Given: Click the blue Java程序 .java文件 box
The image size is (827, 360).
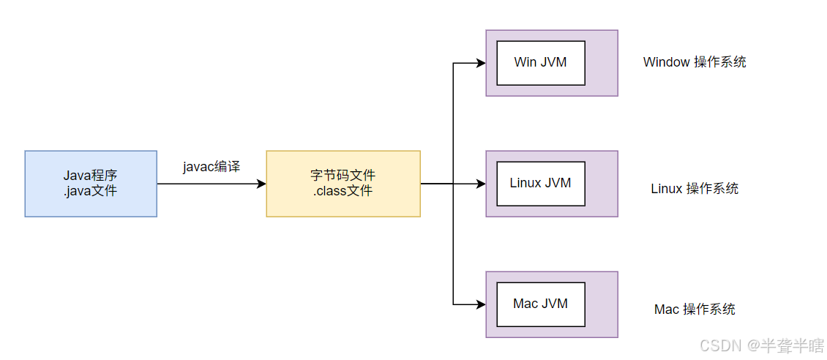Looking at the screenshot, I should point(91,184).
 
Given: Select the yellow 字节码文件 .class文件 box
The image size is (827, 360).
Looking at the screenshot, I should point(343,184).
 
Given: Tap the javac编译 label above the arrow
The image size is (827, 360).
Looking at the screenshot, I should point(212,166).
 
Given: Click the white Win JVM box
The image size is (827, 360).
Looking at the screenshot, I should point(540,62).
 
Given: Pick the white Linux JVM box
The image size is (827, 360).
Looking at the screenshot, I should point(540,183).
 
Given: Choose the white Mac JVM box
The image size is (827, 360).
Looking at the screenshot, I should point(540,304).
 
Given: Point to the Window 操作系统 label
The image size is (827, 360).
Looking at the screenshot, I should point(694,62).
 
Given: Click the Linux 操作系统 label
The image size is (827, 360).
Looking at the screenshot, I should point(694,189).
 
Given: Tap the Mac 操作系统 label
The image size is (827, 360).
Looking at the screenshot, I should point(694,310).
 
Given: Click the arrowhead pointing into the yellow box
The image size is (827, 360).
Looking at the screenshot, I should point(261,184).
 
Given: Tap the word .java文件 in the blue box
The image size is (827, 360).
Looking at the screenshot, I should point(91,192).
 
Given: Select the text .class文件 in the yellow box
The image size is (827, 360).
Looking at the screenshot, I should point(343,192).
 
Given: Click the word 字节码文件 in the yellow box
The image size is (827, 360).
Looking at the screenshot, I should point(343,176).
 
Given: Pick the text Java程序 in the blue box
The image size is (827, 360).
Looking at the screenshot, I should point(91,176).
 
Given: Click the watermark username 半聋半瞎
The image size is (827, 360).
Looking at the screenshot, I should point(793,345).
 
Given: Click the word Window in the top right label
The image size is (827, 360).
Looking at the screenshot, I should point(666,62).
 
